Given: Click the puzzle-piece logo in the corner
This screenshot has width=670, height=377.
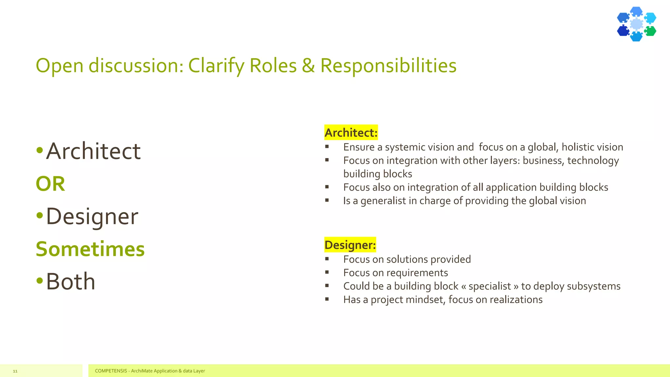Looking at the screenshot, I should pos(636,24).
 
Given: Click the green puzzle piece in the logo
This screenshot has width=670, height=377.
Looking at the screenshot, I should pos(650,31).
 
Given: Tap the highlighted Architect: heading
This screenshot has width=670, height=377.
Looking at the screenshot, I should pos(351,133).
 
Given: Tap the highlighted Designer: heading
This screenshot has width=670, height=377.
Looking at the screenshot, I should pos(350,245).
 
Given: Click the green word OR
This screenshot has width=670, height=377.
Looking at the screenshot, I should pos(50,184).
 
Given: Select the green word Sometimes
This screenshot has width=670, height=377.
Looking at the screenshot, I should pos(90,249).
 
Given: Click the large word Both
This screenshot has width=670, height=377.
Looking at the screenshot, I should pos(70,281).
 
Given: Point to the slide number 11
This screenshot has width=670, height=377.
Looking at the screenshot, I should pos(15,371).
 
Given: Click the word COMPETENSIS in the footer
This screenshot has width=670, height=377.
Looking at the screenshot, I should pos(111,371).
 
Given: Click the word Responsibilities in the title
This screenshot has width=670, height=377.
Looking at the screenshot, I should pos(388,65).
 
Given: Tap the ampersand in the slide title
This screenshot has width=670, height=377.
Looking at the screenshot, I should pos(308,65).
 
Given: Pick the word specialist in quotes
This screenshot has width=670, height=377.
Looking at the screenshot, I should pos(489,286).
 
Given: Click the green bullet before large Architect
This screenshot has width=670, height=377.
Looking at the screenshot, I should pos(40,151).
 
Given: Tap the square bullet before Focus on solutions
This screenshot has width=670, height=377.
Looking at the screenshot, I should pos(327,259).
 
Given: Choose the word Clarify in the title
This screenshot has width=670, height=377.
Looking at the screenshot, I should pos(216,65).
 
